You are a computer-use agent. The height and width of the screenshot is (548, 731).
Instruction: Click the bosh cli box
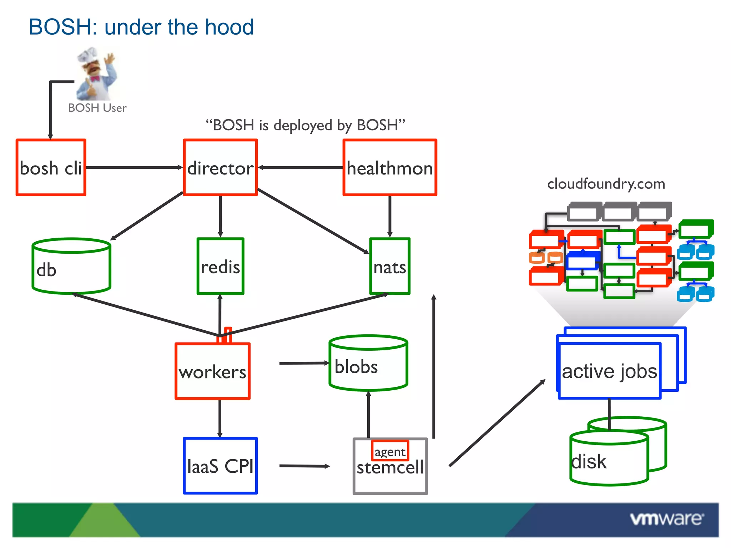coord(51,168)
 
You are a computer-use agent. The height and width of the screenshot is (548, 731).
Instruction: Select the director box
coord(220,168)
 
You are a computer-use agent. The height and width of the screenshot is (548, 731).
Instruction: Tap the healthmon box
coord(390,168)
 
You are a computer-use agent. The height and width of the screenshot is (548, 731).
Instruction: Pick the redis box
coord(220,267)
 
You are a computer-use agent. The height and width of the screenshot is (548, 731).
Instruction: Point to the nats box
coord(390,267)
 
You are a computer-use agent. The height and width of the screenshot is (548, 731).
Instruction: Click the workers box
coord(212,371)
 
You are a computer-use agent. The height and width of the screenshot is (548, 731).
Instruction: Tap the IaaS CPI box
coord(220,466)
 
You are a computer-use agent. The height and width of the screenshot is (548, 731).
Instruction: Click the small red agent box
coord(390,451)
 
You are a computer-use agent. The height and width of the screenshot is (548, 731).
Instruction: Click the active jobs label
coord(609,371)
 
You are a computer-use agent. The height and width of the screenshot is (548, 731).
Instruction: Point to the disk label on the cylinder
coord(589,462)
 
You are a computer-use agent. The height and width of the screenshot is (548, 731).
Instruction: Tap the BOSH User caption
coord(97,108)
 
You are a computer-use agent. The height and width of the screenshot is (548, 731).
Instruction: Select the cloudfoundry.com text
coord(606,184)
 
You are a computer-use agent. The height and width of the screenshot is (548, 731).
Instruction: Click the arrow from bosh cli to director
coord(134,167)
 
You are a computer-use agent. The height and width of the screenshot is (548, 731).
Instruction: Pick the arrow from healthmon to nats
coord(390,216)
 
